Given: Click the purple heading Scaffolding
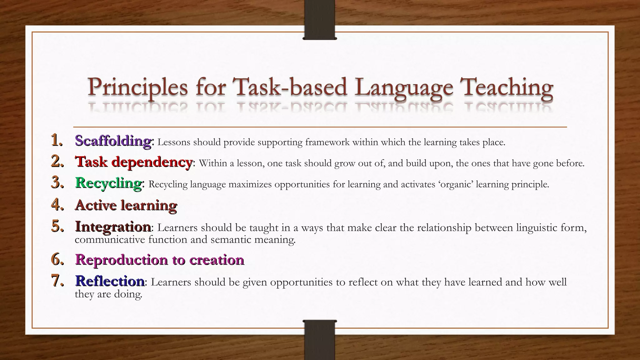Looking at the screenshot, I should click(x=113, y=141).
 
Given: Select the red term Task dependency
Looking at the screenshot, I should click(x=134, y=162).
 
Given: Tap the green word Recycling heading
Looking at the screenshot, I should click(x=108, y=183).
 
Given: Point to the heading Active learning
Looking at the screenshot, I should click(x=126, y=205).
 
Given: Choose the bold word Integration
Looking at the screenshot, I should click(x=113, y=227).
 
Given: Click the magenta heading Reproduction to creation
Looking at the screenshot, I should click(x=159, y=260).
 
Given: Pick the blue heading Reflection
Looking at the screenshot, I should click(x=110, y=281).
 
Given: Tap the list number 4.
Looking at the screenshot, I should click(x=57, y=205).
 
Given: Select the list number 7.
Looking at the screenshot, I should click(x=57, y=281).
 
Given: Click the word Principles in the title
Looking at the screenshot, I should click(x=137, y=87).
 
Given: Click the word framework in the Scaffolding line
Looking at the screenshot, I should click(x=327, y=142).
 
